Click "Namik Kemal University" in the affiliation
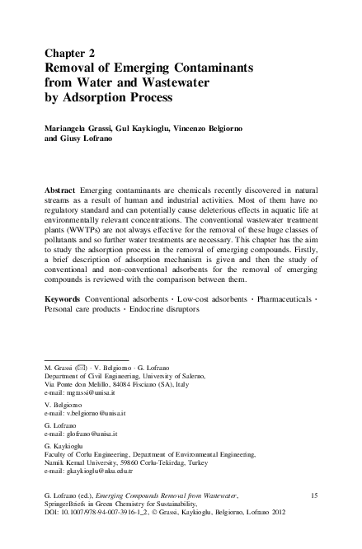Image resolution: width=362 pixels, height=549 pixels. pyautogui.click(x=82, y=485)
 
